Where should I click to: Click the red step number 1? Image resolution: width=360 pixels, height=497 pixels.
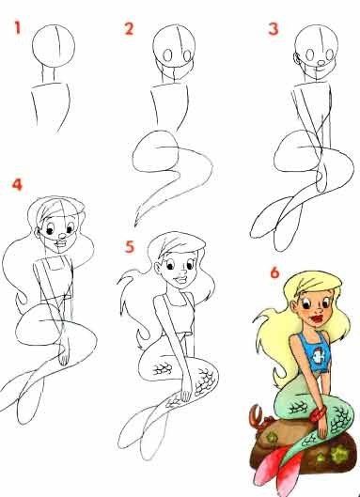[x=18, y=27]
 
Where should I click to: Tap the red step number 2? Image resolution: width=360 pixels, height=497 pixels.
[x=129, y=28]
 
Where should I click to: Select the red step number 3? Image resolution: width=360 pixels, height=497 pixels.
[x=274, y=28]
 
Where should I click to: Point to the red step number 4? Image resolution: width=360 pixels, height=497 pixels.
[x=17, y=184]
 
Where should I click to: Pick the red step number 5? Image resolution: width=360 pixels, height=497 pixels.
[x=130, y=247]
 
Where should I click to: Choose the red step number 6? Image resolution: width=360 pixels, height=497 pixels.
[x=274, y=272]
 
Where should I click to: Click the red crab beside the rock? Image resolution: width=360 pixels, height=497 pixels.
[x=258, y=418]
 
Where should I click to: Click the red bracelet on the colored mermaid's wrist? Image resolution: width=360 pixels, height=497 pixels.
[x=318, y=414]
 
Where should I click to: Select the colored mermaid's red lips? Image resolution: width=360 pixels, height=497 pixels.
[x=317, y=318]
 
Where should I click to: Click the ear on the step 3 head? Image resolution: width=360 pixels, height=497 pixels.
[x=297, y=58]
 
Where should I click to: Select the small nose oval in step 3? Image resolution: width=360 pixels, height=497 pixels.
[x=321, y=63]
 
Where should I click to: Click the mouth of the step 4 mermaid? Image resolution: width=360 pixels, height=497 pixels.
[x=60, y=244]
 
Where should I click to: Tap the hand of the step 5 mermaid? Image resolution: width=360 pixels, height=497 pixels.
[x=186, y=392]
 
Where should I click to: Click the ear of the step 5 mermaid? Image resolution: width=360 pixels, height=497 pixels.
[x=158, y=269]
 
